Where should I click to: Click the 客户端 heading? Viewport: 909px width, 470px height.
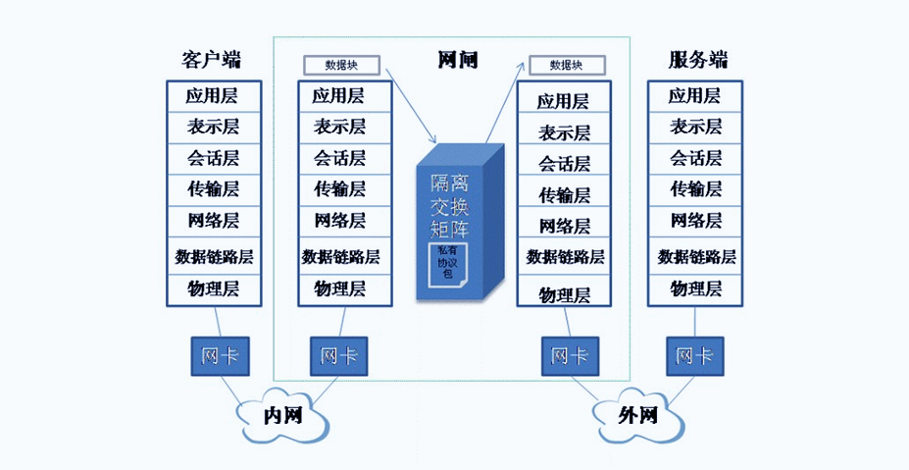coord(212,59)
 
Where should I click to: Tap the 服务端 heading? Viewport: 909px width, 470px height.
coord(698,59)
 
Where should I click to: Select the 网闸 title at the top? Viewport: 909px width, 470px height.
coord(457,59)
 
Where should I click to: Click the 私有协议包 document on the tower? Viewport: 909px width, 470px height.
coord(448,263)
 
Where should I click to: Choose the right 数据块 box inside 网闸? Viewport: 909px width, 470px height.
coord(566,65)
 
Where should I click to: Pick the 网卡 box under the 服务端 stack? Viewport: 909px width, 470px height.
coord(694,355)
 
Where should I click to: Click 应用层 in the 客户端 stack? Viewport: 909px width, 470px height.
coord(213,96)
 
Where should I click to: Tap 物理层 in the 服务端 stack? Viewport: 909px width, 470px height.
coord(696,289)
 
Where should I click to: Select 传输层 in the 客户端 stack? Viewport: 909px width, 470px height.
coord(213,188)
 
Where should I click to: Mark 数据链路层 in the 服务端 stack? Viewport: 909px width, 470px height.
coord(696,257)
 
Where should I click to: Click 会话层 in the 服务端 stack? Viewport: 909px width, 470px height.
coord(696,157)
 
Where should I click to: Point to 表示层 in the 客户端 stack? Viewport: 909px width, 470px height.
coord(213,127)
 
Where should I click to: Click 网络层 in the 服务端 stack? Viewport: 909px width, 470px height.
coord(696,220)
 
